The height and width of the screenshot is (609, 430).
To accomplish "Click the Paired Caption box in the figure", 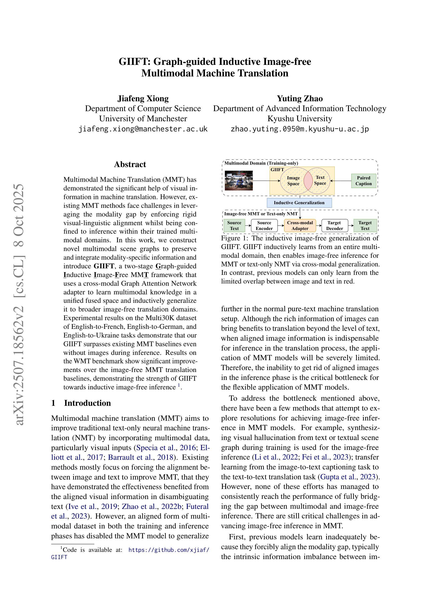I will [363, 181].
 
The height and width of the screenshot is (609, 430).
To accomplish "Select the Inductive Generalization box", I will [299, 203].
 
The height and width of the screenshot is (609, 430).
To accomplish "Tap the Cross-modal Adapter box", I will [300, 225].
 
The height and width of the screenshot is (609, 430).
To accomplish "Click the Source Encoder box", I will [264, 225].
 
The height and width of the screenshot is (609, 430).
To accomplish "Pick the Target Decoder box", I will [334, 225].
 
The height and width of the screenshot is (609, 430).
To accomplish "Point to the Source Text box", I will [234, 225].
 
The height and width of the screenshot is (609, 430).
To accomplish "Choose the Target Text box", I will [365, 225].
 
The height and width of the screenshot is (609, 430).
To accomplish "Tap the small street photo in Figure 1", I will [238, 181].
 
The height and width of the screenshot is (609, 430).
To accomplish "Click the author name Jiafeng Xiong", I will [143, 98].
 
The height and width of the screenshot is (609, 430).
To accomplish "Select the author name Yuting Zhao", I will [300, 98].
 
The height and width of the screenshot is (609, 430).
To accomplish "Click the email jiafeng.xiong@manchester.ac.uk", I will [143, 129].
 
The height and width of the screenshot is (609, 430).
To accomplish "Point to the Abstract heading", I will [130, 164].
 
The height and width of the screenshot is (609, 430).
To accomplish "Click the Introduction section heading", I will [87, 403].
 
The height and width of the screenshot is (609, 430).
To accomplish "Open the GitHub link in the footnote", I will [169, 550].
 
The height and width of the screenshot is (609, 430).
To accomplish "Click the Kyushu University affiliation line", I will [300, 119].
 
